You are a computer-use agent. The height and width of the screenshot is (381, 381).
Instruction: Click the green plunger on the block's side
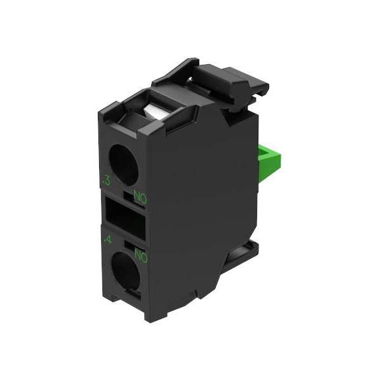click(269, 161)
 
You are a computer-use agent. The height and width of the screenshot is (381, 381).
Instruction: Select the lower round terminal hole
click(126, 268)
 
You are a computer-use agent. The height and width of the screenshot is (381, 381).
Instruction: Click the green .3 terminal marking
click(107, 181)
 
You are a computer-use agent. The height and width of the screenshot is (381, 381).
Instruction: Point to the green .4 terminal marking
click(108, 240)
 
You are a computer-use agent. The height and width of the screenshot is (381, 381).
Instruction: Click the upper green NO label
click(140, 197)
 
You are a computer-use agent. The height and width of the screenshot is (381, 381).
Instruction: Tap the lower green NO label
click(141, 256)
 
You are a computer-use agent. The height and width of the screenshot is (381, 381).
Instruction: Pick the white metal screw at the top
click(152, 112)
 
